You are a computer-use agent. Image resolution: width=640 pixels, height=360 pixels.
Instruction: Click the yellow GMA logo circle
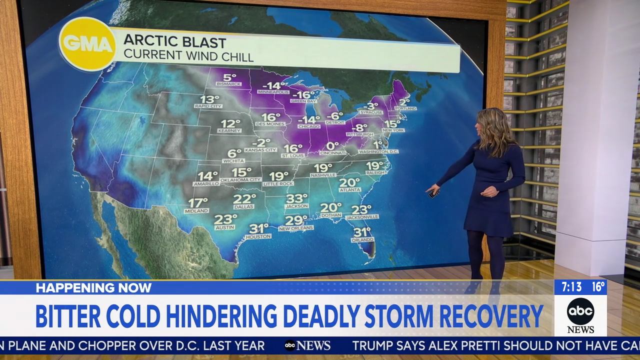(x=87, y=44)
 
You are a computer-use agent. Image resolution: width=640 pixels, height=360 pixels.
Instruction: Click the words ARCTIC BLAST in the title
(x=175, y=41)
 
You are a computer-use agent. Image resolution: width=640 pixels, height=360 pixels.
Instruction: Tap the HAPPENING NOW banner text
(x=93, y=288)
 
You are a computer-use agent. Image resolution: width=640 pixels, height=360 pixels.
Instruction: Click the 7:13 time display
(x=571, y=287)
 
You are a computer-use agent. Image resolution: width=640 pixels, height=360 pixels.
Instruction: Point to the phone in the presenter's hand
(x=433, y=193)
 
